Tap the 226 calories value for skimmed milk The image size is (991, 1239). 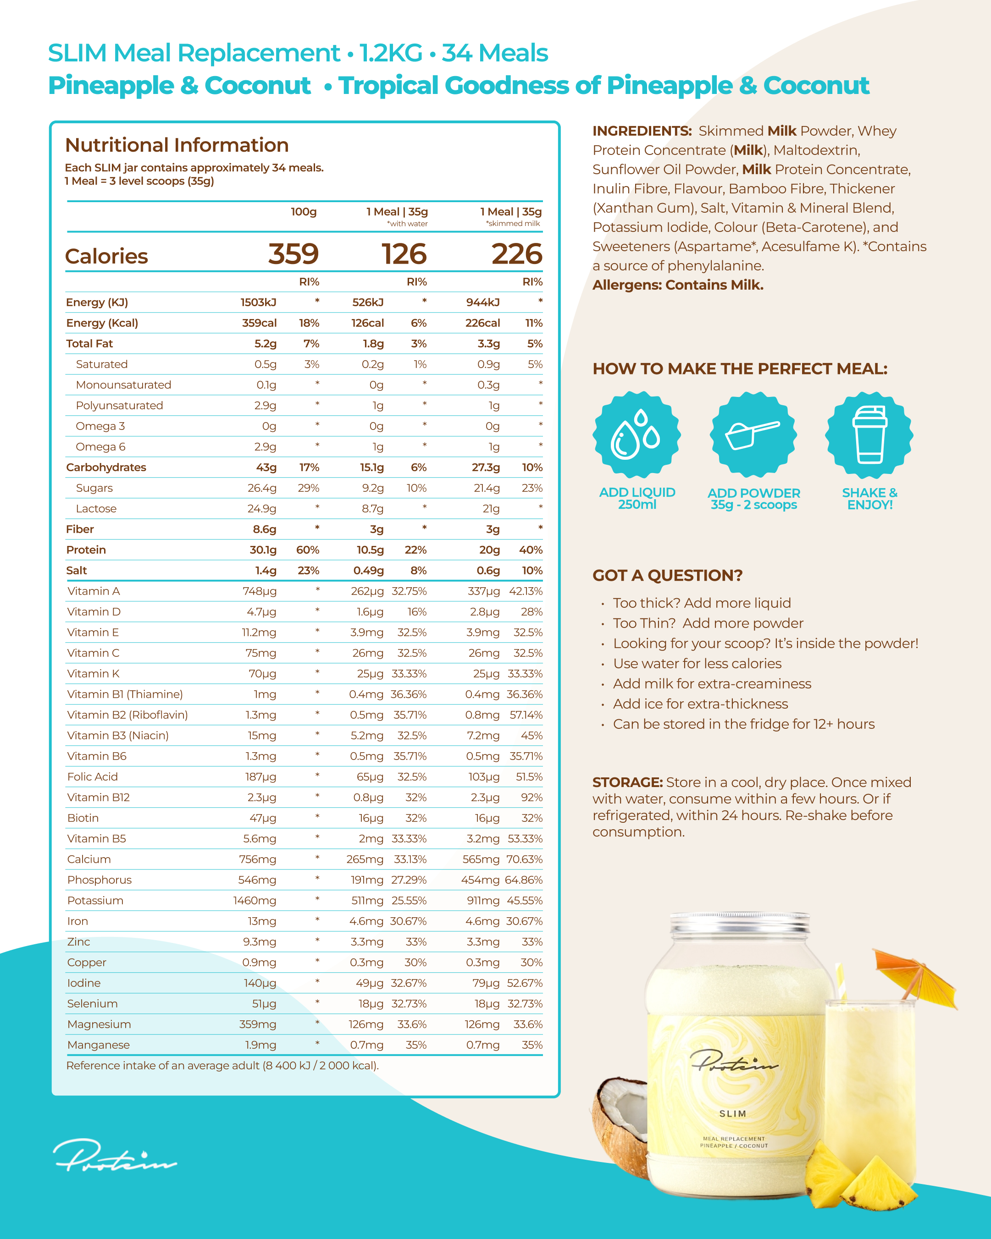click(x=516, y=254)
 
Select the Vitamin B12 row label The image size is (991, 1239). click(x=98, y=797)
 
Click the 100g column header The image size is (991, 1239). click(x=304, y=211)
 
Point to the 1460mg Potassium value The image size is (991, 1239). click(x=255, y=901)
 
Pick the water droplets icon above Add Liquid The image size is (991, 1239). click(x=637, y=435)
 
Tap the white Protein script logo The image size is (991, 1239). click(x=115, y=1155)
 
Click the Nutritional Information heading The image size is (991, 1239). click(x=177, y=145)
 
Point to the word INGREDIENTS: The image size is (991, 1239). click(x=642, y=131)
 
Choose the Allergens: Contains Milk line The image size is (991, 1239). click(x=678, y=285)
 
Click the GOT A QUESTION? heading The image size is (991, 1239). click(x=667, y=575)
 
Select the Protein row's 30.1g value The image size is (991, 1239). click(x=263, y=550)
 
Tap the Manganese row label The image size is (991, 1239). click(x=98, y=1045)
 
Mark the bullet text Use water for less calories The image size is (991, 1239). click(x=697, y=664)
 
